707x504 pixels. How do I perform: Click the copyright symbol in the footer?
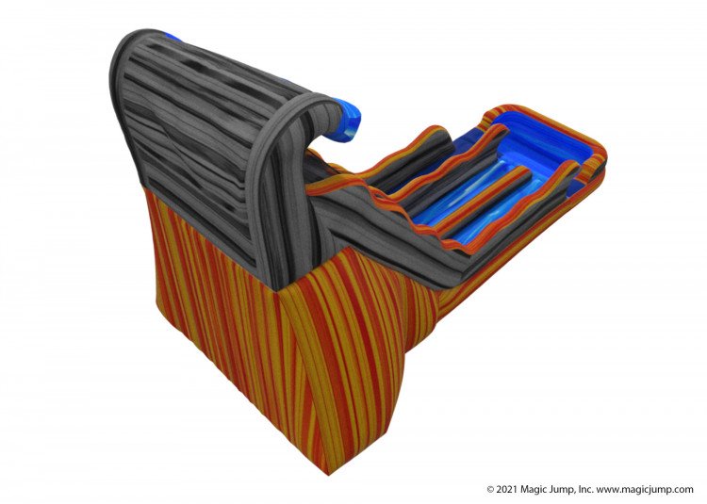490,489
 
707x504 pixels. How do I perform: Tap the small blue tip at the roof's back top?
172,37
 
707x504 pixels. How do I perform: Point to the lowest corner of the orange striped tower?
328,474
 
